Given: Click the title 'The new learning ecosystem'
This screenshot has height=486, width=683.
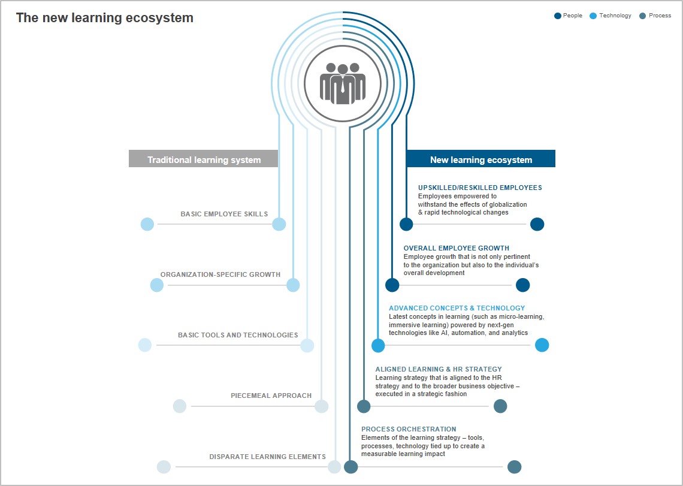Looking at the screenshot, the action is tap(104, 18).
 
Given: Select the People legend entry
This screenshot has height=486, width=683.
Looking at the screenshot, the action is tap(568, 16).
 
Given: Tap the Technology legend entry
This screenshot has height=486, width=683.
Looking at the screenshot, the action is tap(611, 16).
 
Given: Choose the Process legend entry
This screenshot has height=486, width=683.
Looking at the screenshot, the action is tap(655, 16).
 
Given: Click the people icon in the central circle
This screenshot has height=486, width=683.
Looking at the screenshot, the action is tap(343, 84).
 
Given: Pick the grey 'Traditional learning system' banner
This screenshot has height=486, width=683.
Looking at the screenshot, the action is tap(204, 159).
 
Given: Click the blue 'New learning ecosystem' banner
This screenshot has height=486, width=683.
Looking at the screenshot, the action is tap(481, 159).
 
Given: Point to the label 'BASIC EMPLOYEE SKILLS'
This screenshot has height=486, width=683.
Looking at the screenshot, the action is tap(224, 214).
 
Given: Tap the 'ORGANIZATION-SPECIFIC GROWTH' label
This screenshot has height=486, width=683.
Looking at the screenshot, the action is tap(220, 274).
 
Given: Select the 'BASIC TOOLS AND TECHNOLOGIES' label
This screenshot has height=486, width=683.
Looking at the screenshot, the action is tap(238, 335).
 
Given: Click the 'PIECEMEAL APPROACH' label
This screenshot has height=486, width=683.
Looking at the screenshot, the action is tap(271, 396).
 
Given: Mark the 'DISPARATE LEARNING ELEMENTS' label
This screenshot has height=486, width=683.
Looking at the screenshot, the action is tap(267, 457).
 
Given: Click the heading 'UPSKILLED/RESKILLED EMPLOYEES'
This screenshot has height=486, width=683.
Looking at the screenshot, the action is tap(480, 188).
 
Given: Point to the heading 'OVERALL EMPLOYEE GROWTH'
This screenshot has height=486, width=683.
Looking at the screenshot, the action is tap(456, 249).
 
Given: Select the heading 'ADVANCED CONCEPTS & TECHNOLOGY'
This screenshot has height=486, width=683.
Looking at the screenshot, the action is tap(457, 308).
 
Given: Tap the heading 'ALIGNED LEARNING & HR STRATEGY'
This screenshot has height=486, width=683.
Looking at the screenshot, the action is tap(439, 369).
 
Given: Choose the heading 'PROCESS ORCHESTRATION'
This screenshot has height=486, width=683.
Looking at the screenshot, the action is tap(409, 429).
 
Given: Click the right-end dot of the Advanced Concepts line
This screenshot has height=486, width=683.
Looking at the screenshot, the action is tap(542, 345).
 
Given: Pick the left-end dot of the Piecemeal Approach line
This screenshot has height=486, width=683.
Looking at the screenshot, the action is tap(180, 406).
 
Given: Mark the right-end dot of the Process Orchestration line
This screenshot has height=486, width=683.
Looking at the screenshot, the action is tap(515, 467).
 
